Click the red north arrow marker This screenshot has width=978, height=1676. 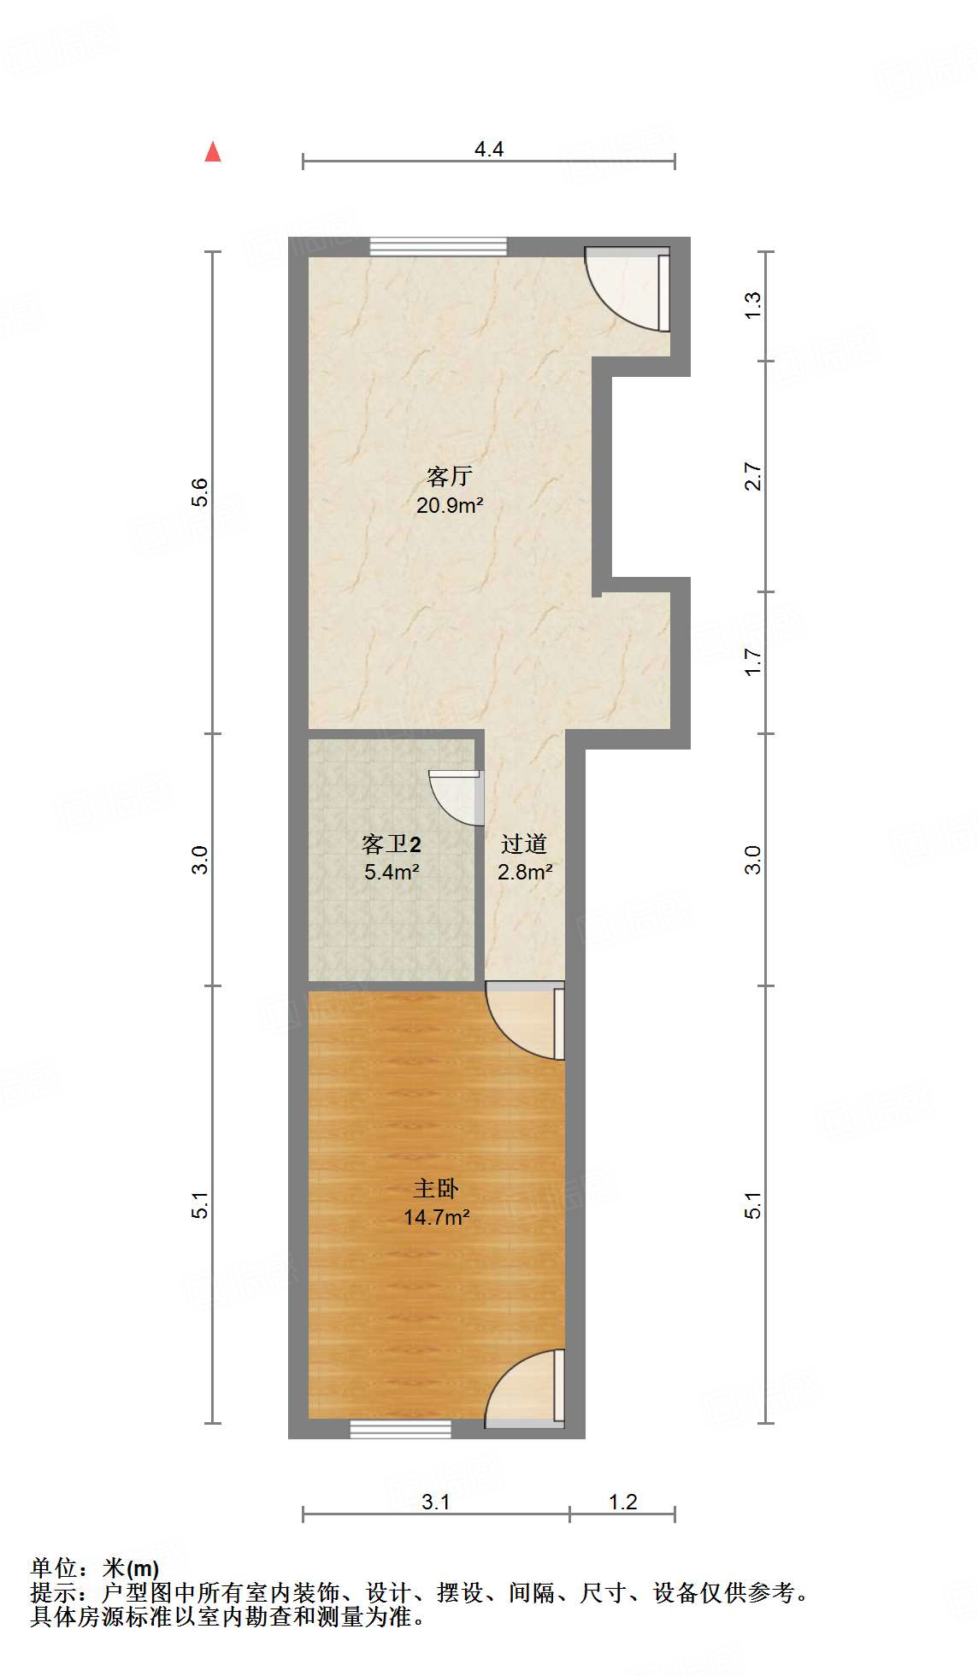213,152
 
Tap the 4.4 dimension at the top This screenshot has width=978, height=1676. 489,150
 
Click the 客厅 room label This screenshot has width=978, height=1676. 449,476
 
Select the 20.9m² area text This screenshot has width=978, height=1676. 450,505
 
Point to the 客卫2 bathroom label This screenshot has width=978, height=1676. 391,844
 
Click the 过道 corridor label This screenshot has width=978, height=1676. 524,844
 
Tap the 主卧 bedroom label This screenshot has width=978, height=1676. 436,1188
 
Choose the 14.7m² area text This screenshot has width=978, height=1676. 436,1217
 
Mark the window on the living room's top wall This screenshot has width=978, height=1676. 438,246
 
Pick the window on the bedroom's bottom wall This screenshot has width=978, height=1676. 400,1428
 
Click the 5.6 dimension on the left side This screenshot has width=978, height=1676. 199,492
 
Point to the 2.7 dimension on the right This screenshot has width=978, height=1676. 752,476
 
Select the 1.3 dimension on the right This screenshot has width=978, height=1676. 752,306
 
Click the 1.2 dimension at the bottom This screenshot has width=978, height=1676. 622,1502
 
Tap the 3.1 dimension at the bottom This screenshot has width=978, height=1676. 435,1502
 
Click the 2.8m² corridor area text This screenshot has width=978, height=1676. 524,873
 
